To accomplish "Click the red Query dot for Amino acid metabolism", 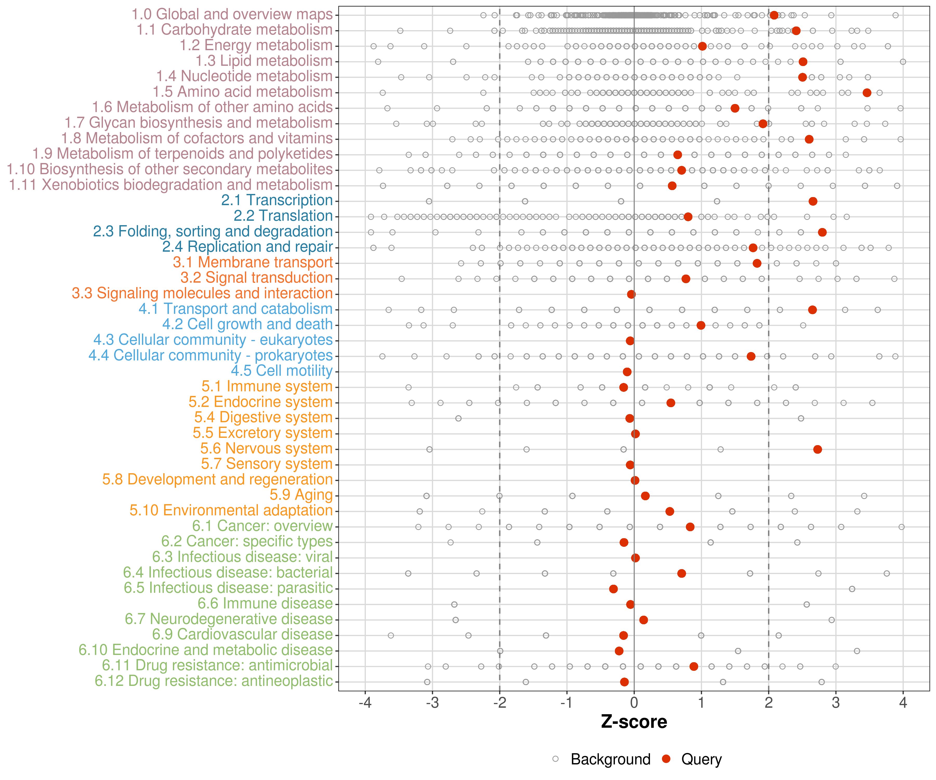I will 867,93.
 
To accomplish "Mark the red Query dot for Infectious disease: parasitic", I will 613,589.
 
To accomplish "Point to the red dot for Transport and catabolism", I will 812,310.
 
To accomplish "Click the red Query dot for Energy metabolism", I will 702,46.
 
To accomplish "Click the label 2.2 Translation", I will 283,216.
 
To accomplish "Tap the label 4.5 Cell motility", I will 282,371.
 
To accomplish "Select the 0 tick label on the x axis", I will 634,703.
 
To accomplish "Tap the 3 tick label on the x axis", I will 836,703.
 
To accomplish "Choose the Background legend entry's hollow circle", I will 555,759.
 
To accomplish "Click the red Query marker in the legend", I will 666,759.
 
